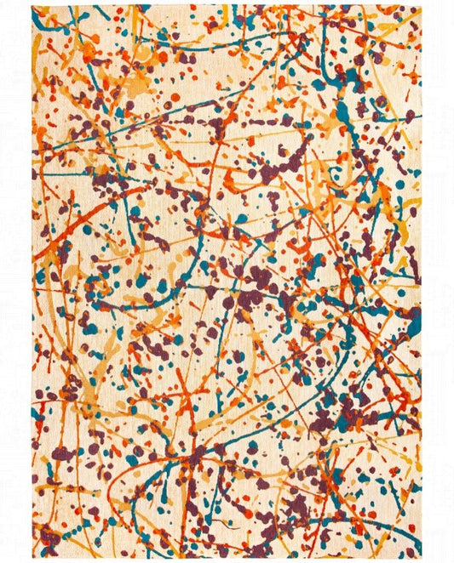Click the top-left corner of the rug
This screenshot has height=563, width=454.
coord(33,7)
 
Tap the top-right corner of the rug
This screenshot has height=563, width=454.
coord(421,6)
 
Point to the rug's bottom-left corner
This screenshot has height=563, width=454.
coord(33,557)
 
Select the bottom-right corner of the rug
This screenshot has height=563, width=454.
coord(421,557)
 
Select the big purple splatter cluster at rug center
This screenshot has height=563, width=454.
coord(256,281)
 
